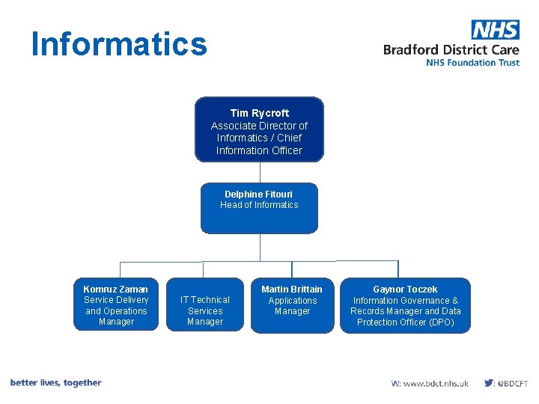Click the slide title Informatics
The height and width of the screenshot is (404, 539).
[119, 44]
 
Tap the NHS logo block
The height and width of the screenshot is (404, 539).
[495, 30]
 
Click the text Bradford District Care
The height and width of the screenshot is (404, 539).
[451, 49]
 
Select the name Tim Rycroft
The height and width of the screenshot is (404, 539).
[259, 113]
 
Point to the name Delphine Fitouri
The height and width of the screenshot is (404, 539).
[259, 194]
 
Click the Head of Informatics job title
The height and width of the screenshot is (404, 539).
[259, 205]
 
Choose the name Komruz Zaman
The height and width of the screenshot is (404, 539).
[116, 289]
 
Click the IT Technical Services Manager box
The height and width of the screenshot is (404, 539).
[205, 310]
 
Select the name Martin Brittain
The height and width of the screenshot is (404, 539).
[292, 289]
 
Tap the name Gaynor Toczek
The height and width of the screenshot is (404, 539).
[406, 289]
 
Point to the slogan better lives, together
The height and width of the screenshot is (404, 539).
[55, 382]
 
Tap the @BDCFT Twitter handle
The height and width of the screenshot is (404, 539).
[514, 383]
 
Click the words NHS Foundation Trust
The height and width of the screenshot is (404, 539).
[472, 63]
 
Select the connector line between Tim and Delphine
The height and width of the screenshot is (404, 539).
[260, 172]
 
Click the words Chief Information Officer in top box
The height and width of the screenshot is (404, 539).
[259, 144]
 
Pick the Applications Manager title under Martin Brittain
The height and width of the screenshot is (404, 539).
[292, 305]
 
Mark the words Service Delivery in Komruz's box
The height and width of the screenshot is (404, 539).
[116, 300]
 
